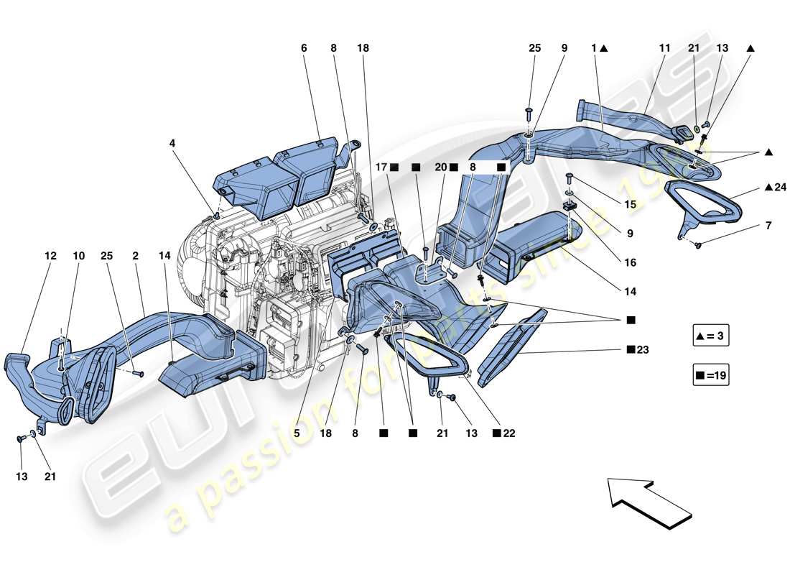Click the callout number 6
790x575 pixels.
304,48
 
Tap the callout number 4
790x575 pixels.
172,143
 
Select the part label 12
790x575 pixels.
50,255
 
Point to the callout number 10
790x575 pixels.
79,255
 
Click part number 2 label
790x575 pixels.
135,255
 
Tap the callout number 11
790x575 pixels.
664,48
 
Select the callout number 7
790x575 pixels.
768,226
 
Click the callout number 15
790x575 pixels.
630,204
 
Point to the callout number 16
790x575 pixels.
630,263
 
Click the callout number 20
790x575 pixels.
440,167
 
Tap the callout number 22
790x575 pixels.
509,434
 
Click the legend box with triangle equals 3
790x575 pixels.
711,336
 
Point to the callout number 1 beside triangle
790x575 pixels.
594,48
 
